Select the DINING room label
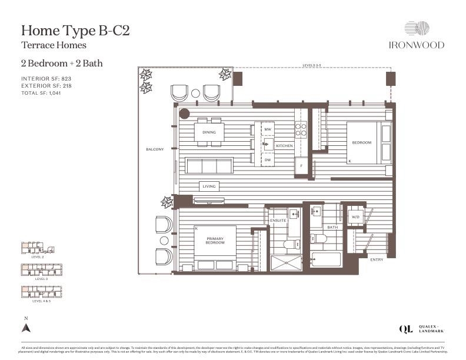209,132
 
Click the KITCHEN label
284,145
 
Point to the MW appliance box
267,129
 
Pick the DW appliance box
267,160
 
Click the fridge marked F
301,166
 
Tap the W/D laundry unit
355,217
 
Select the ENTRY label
377,259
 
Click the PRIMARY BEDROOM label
215,240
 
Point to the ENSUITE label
278,221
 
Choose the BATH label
332,227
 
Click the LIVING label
209,186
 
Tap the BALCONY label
155,149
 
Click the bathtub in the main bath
326,259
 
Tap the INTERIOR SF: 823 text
46,78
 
